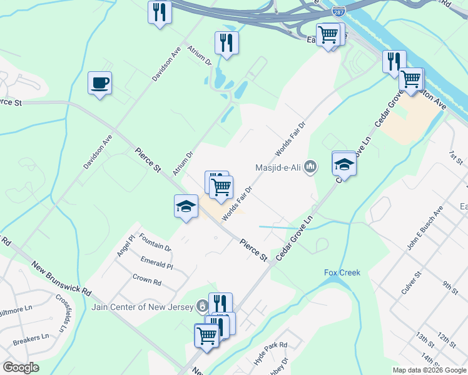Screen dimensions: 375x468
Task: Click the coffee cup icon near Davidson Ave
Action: coord(100,83)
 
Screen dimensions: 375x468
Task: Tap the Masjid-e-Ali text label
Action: coord(280,167)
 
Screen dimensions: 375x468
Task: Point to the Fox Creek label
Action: coord(342,272)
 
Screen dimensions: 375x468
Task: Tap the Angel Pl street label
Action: coord(126,246)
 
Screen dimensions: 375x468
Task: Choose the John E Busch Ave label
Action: coord(425,228)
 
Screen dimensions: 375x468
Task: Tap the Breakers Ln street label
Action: coord(31,340)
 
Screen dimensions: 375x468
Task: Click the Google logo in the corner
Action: coord(21,367)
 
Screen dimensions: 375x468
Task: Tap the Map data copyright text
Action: coord(429,370)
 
